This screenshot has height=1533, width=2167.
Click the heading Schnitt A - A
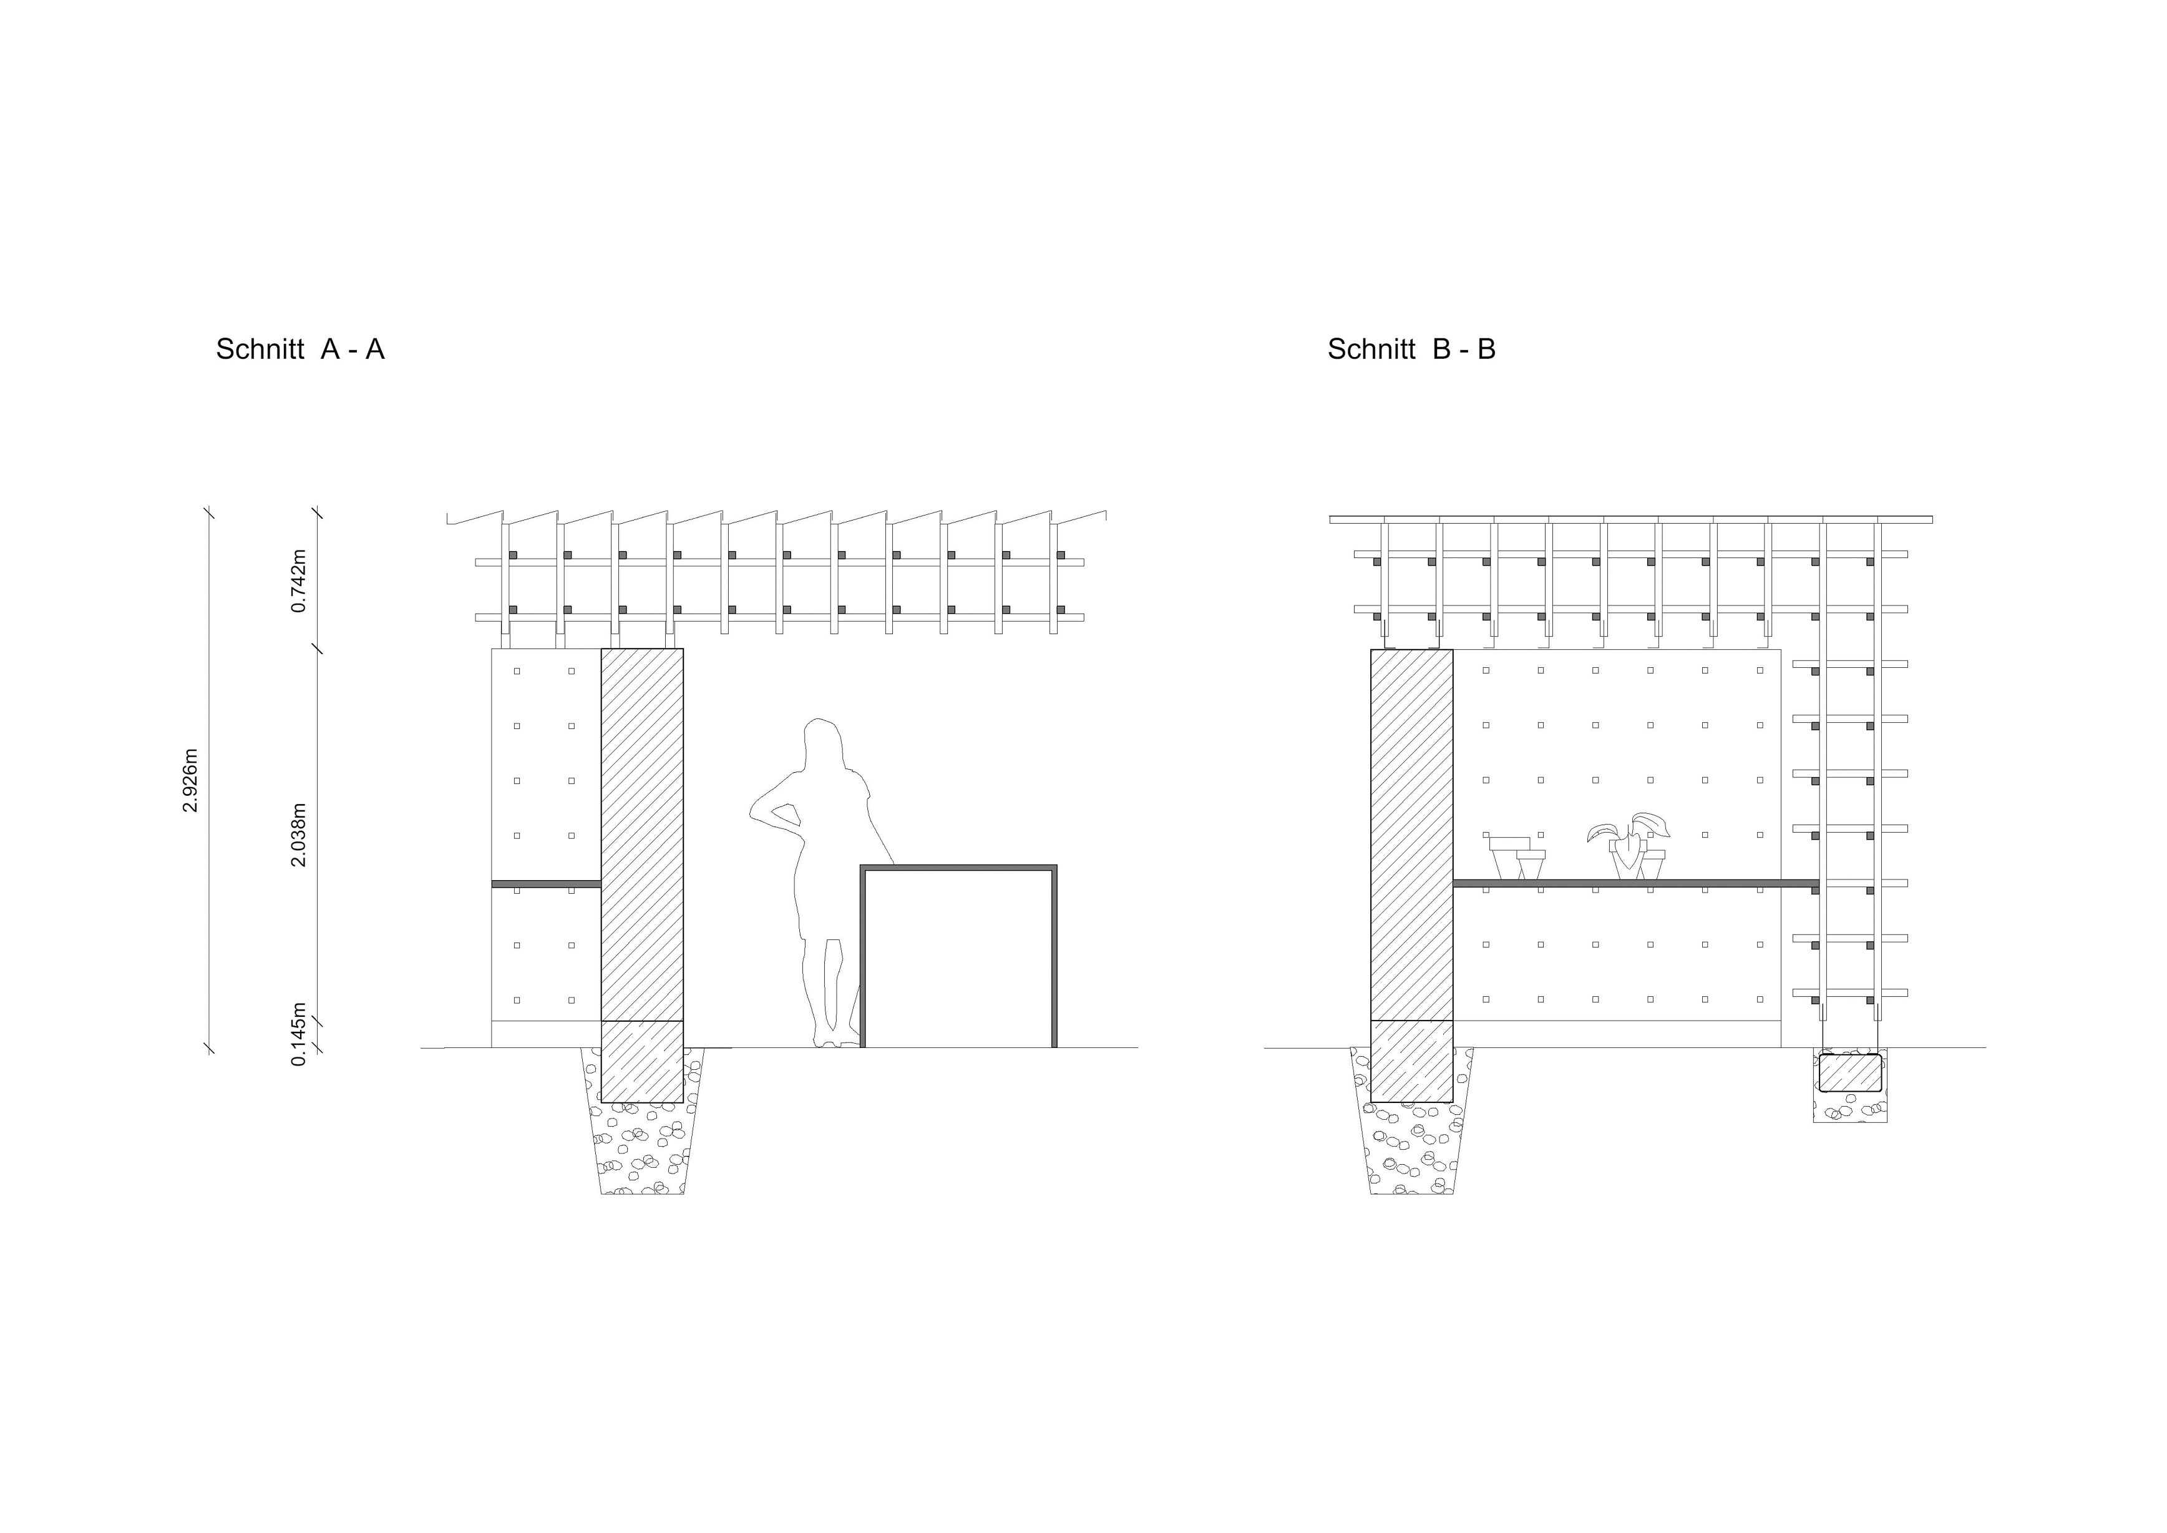pos(300,350)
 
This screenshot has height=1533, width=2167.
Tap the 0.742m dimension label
pos(299,580)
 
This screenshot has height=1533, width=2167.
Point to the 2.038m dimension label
pos(299,835)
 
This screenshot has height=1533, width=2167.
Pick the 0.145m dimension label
pos(299,1034)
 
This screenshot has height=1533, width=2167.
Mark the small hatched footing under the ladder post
pos(1850,1074)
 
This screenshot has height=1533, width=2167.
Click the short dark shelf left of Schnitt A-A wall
pos(545,884)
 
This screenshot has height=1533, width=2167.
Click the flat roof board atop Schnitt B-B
pos(1630,519)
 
